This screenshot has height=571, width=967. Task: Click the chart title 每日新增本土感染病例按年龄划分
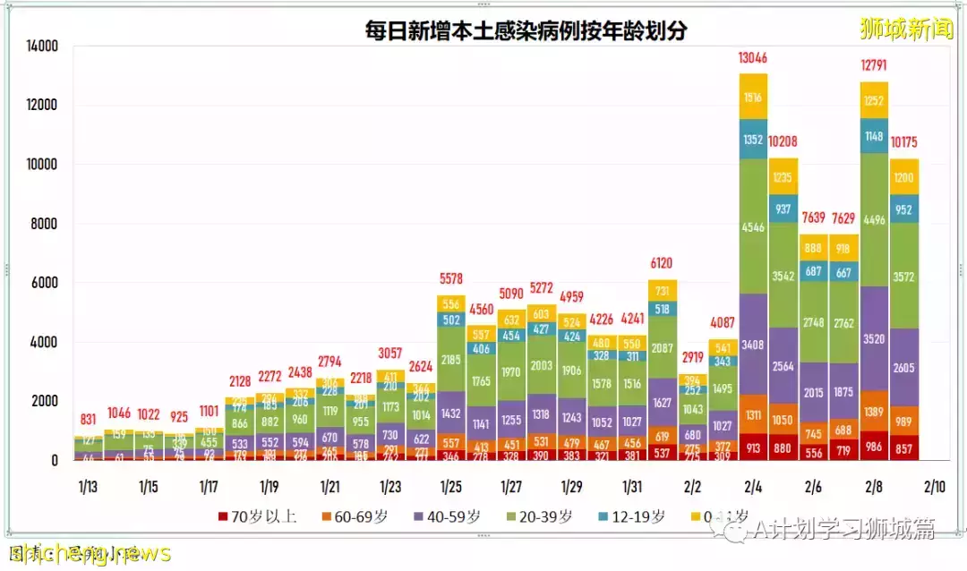click(526, 31)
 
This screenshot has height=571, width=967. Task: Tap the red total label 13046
click(753, 58)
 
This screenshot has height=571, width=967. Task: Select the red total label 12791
click(874, 65)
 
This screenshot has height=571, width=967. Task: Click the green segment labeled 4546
click(753, 227)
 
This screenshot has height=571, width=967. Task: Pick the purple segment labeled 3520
click(874, 339)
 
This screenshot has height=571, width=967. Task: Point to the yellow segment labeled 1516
click(753, 98)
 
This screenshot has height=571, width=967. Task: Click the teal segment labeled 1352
click(753, 139)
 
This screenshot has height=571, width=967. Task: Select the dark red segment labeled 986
click(874, 445)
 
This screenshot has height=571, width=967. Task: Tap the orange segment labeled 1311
click(753, 414)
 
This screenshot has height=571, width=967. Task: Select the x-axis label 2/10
click(934, 487)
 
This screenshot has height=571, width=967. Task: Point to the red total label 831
click(88, 419)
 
